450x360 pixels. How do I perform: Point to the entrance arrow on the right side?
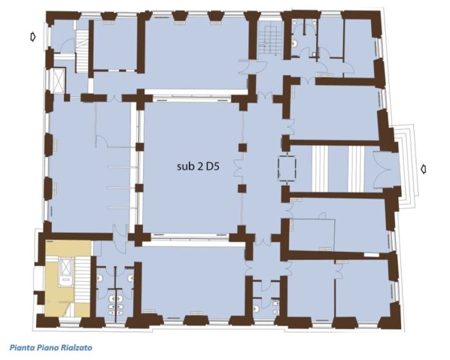[x=423, y=169]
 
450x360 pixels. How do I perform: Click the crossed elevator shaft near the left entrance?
[x=55, y=80]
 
